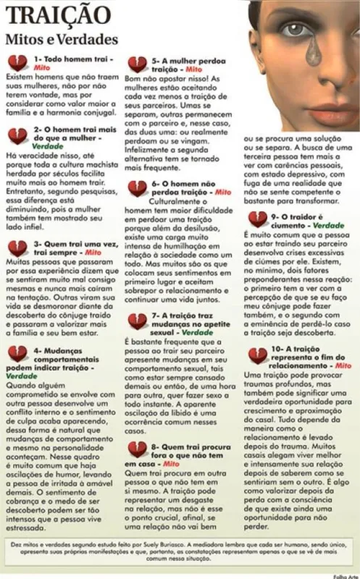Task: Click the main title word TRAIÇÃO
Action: click(x=49, y=15)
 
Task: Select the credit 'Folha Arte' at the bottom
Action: click(x=344, y=574)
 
